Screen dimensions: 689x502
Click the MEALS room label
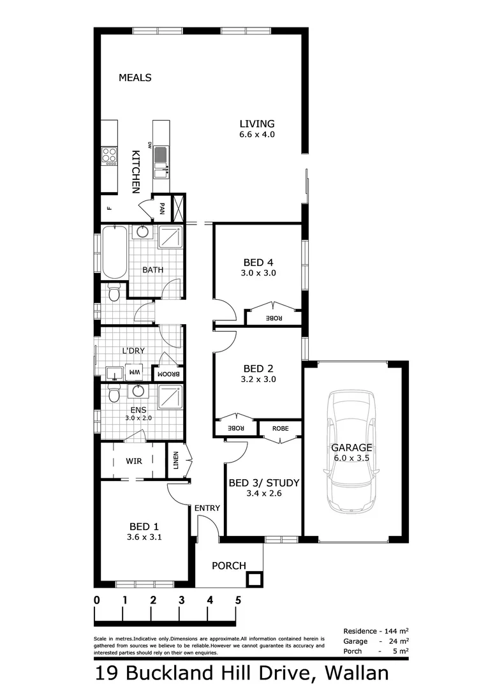tap(135, 78)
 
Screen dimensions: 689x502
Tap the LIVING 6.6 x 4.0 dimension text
tap(257, 135)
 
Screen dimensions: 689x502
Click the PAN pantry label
tap(163, 208)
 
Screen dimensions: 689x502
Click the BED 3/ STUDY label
tap(263, 482)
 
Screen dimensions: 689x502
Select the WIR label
tap(133, 461)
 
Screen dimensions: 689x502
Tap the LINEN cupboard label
tap(176, 462)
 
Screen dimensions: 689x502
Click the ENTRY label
tap(207, 508)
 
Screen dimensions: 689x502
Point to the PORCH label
tap(228, 565)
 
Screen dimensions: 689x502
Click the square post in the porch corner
tap(254, 579)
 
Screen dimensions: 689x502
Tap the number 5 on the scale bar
tap(238, 600)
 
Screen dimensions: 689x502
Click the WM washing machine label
tap(135, 371)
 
